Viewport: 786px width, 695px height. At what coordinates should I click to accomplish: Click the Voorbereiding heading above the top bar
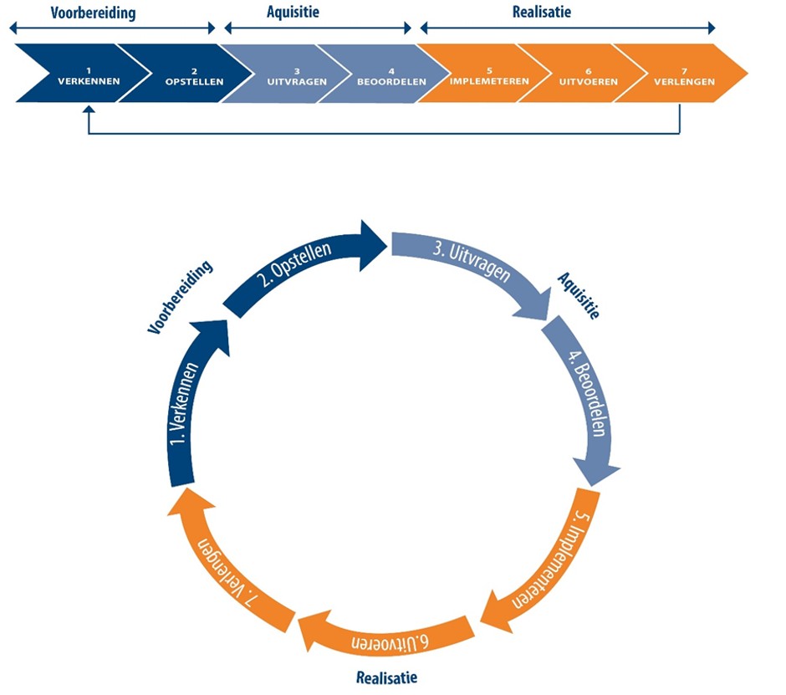93,13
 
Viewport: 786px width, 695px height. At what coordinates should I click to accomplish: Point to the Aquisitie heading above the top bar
293,13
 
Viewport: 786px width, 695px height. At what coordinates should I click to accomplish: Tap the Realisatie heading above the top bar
541,13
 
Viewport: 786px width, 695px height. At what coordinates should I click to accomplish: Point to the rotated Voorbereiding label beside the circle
180,297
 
